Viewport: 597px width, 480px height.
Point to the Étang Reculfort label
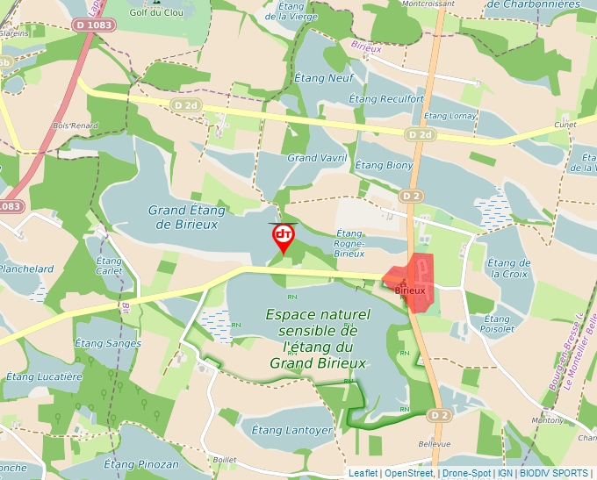click(386, 99)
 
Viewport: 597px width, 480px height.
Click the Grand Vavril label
click(318, 158)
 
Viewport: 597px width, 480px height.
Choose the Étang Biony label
click(384, 165)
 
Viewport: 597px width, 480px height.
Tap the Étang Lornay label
click(450, 116)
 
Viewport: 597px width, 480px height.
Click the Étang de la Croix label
click(509, 269)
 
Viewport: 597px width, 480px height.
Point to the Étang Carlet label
click(109, 266)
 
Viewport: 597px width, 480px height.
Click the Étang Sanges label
click(107, 343)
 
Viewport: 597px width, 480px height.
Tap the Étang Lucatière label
click(42, 376)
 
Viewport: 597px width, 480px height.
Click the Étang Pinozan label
click(140, 463)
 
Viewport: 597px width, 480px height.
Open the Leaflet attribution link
click(363, 473)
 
